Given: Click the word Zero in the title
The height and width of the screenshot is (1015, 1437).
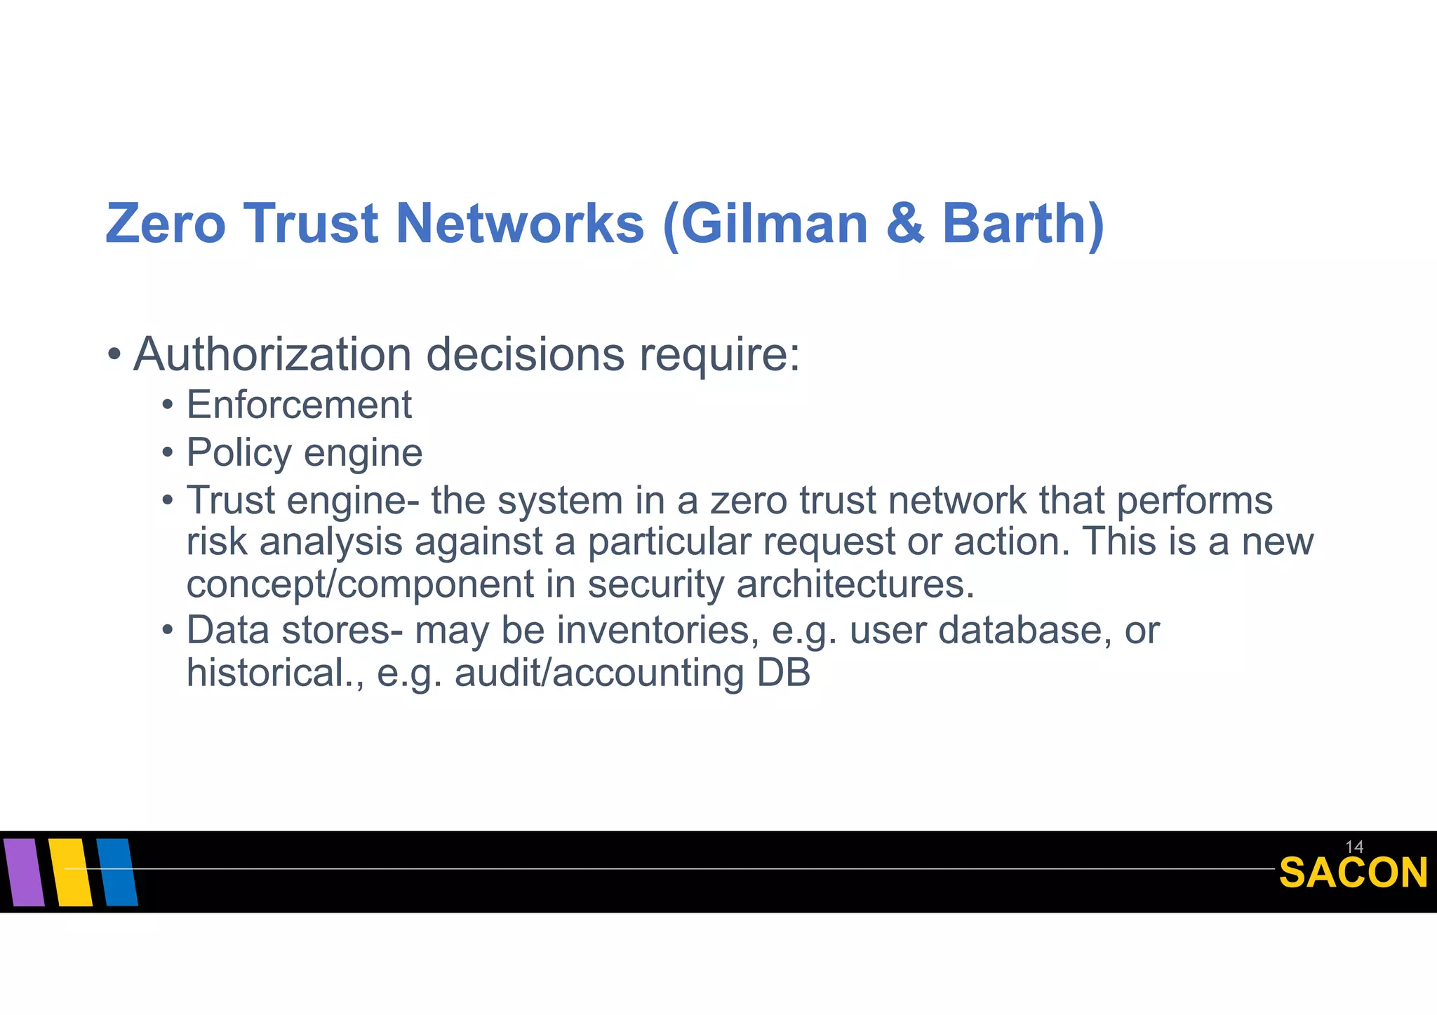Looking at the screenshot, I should click(166, 224).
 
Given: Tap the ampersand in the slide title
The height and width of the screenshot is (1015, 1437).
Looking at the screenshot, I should click(905, 224).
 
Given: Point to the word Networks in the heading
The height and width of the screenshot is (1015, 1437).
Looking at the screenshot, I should click(520, 224).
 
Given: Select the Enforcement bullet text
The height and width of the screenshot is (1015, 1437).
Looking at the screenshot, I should click(299, 405).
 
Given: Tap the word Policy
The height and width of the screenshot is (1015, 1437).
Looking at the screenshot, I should click(239, 453).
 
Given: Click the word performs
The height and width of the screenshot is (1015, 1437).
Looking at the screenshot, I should click(1194, 502).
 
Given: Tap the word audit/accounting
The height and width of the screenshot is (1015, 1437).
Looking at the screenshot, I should click(599, 673).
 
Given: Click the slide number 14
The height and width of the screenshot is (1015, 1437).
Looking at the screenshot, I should click(1354, 847).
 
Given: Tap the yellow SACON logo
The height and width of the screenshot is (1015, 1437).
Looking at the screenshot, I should click(1354, 873).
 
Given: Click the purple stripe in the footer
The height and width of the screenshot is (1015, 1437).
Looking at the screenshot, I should click(24, 872).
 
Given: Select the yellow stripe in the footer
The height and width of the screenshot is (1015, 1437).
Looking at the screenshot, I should click(71, 872).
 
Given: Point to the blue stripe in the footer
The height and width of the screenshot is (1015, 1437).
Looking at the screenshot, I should click(117, 872).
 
